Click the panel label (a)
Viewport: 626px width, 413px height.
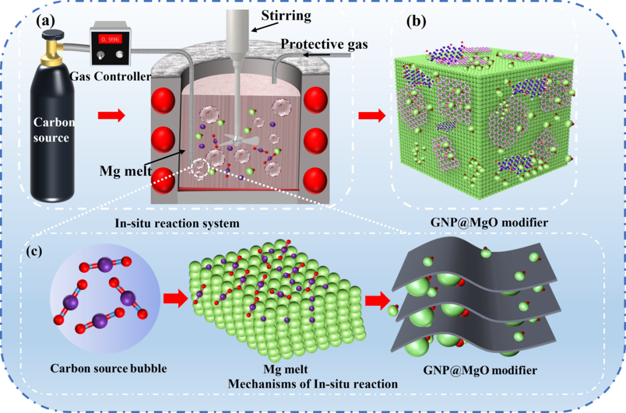(46, 21)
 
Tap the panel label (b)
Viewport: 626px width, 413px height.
(416, 21)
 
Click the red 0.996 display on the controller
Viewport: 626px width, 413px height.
(110, 39)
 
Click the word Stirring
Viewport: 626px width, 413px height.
(286, 16)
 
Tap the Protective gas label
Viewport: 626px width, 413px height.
(324, 44)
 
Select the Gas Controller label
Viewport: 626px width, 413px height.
(110, 76)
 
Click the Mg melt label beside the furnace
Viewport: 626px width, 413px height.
(125, 171)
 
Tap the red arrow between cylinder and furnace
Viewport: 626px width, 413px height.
(111, 116)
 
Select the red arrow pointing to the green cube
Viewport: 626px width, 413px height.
(372, 116)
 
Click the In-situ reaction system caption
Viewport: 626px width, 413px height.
(177, 223)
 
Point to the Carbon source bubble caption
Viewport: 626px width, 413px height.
(108, 368)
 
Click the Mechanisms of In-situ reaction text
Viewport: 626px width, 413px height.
(312, 384)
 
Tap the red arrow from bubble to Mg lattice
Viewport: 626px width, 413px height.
(175, 298)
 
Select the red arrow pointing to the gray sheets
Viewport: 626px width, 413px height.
(377, 300)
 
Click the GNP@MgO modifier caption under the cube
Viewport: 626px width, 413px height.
(489, 222)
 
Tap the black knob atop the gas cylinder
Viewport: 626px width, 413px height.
(52, 35)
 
